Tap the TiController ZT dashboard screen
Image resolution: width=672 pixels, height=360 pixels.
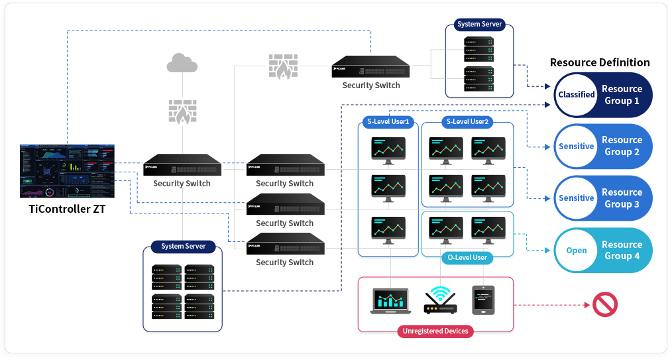pos(67,170)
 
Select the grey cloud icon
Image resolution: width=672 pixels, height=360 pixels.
pos(182,64)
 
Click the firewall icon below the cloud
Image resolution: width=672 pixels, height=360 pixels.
pos(182,112)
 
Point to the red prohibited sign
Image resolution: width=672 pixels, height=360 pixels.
pos(604,305)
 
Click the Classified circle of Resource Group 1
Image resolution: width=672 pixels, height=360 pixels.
pos(576,95)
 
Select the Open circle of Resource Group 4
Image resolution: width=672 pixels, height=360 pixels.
pos(576,251)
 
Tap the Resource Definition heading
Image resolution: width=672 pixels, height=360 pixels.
pos(600,62)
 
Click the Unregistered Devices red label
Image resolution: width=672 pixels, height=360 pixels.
pos(435,331)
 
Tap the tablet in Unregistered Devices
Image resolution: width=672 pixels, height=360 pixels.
pos(483,300)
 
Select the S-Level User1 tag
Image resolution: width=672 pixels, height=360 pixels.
pos(390,122)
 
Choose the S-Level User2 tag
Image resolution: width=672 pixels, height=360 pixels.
pos(467,122)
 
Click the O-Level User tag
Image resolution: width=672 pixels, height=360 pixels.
pos(467,257)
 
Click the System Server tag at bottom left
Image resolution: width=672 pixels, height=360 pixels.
pos(183,247)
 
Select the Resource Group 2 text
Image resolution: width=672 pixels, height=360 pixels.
pos(622,146)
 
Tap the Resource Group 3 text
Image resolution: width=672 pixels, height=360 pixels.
pos(622,198)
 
